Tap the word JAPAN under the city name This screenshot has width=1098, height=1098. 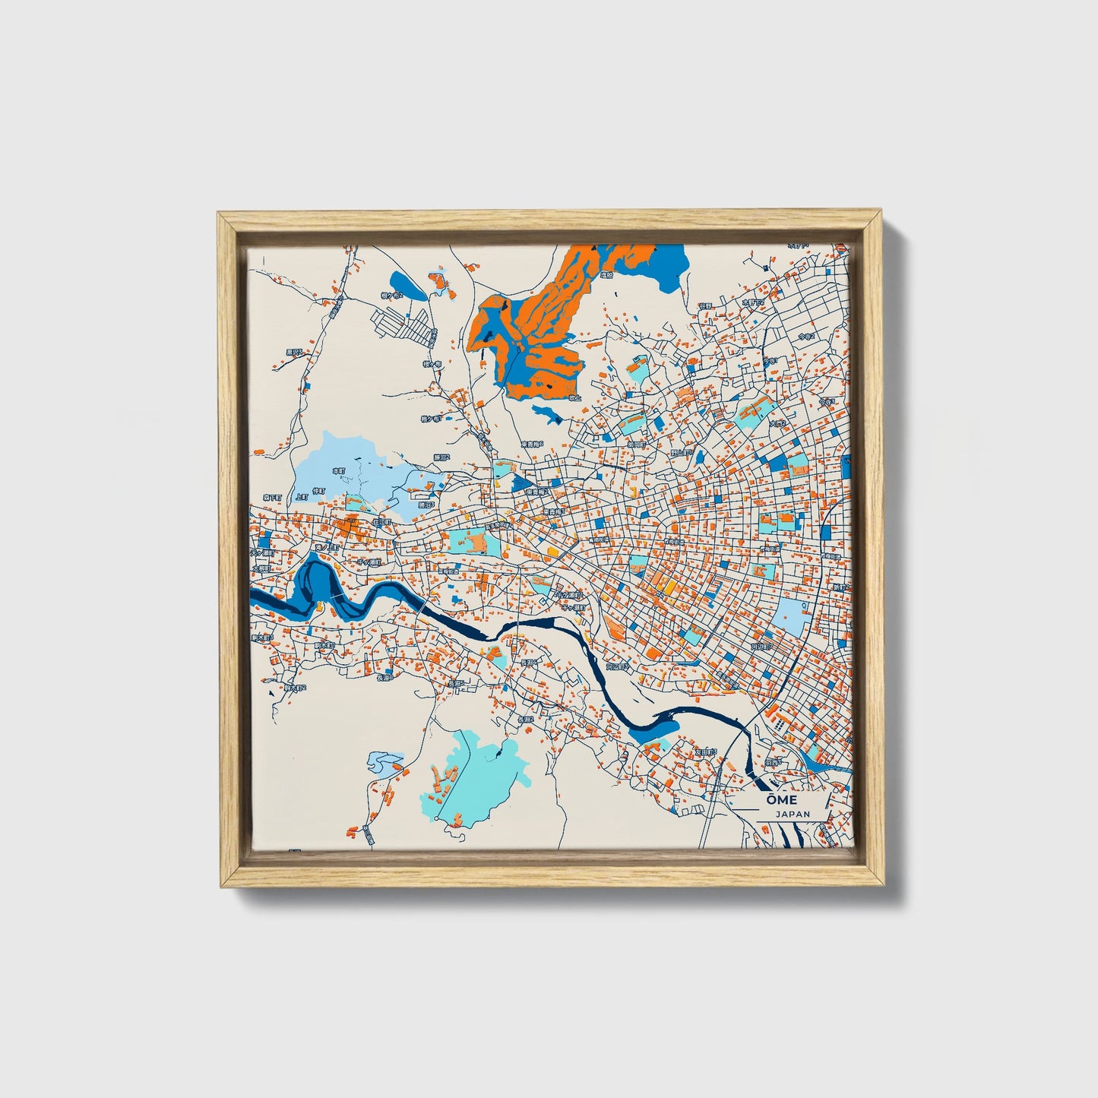click(x=793, y=814)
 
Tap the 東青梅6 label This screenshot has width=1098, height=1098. click(x=531, y=444)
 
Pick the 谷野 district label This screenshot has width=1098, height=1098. click(x=706, y=305)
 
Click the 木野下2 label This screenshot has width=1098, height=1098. click(x=752, y=302)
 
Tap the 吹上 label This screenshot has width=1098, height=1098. click(x=575, y=397)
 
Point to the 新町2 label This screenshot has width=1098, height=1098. click(x=837, y=587)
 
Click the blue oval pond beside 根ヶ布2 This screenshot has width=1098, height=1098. click(x=409, y=286)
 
